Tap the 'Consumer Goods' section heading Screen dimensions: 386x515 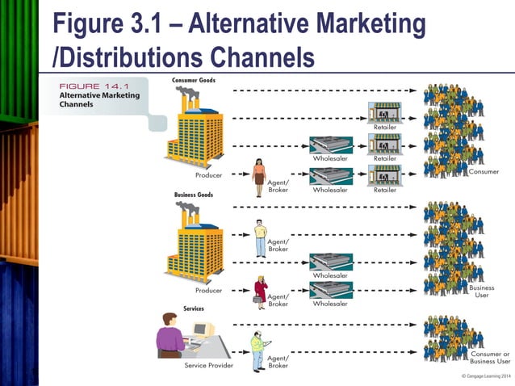click(x=194, y=80)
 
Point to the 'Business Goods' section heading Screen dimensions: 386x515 click(x=194, y=195)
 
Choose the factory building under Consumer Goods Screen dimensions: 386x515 click(x=194, y=129)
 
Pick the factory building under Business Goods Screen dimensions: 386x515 click(x=194, y=244)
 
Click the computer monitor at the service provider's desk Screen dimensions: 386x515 click(x=200, y=331)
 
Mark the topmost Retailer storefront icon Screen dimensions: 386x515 click(x=384, y=112)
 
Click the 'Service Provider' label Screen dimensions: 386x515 click(x=208, y=366)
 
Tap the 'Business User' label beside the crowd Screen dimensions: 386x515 click(x=482, y=292)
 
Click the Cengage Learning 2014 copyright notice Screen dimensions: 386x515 click(x=485, y=377)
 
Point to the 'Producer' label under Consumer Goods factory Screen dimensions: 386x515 click(x=208, y=175)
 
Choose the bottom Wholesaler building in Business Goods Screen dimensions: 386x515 click(x=329, y=290)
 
